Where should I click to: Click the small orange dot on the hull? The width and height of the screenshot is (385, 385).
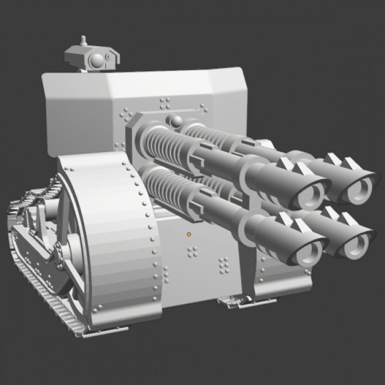(189, 234)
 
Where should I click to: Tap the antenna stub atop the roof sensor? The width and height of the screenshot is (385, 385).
(83, 41)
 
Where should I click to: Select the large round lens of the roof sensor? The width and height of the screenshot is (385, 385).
(97, 62)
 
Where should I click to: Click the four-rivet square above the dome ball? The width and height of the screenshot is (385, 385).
(165, 102)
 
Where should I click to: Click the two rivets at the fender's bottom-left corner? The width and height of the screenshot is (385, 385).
(96, 309)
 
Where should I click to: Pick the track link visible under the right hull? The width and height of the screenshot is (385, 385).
(235, 303)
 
